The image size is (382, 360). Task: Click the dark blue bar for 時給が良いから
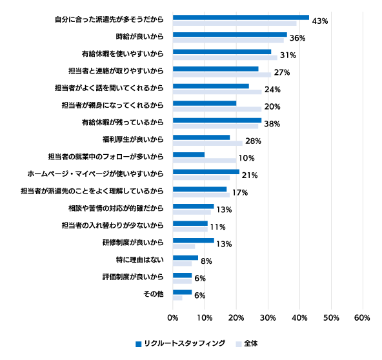[x=230, y=35]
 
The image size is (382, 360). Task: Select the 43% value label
[x=320, y=21]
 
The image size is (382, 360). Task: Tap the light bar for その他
[x=177, y=298]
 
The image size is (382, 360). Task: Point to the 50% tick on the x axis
[x=331, y=317]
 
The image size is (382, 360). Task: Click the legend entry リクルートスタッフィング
[x=180, y=343]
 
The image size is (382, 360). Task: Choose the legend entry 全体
[x=246, y=343]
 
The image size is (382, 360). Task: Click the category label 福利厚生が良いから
[x=133, y=139]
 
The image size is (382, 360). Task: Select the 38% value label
[x=272, y=124]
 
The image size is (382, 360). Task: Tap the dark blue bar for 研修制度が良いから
[x=194, y=241]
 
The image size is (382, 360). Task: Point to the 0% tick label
[x=173, y=317]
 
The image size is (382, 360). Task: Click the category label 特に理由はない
[x=139, y=260]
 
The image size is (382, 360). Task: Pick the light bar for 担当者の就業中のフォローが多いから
[x=205, y=161]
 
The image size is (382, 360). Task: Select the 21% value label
[x=250, y=175]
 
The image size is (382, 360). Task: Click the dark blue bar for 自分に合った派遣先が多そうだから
[x=241, y=17]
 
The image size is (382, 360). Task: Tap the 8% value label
[x=206, y=261]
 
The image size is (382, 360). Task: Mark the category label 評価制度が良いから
[x=133, y=277]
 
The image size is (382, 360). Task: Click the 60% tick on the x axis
[x=362, y=317]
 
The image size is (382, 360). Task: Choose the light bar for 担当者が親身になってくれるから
[x=217, y=109]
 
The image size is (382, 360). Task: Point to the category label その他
[x=153, y=294]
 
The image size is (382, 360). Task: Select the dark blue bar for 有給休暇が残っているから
[x=217, y=121]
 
